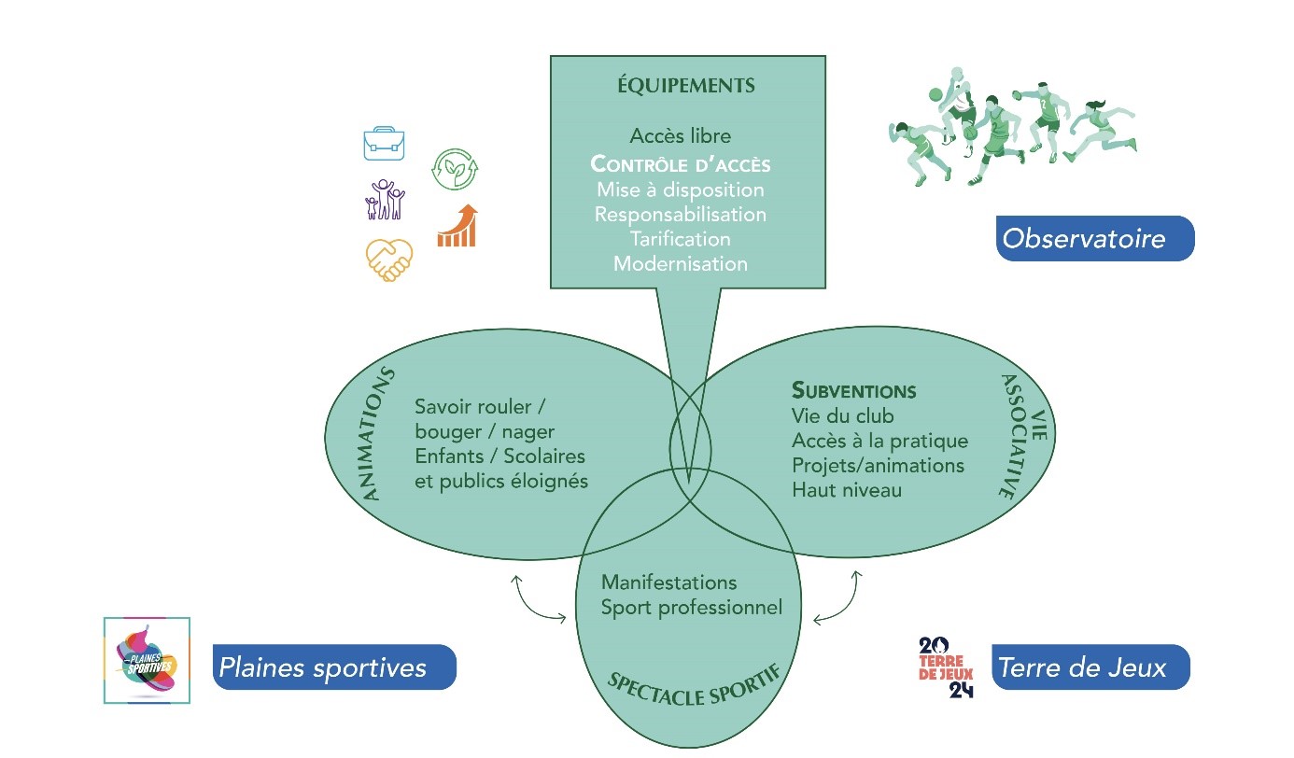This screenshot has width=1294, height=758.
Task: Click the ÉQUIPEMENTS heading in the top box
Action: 686,86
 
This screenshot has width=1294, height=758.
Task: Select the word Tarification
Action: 680,239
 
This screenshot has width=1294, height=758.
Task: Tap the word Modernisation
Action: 680,263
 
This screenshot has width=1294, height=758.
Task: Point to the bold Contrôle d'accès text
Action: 681,165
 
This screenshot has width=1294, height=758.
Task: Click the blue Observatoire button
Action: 1094,239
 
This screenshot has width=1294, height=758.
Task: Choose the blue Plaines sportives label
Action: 334,667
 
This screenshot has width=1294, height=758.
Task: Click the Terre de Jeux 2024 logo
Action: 946,667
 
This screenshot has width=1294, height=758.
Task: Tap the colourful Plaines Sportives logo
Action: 147,660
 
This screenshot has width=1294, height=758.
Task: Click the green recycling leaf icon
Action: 456,169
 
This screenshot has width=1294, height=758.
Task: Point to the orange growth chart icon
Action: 457,226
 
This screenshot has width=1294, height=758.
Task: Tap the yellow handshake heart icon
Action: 388,260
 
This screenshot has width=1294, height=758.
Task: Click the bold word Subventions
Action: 853,390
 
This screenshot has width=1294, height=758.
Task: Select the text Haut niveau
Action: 846,489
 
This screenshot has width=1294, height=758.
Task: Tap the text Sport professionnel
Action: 691,608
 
